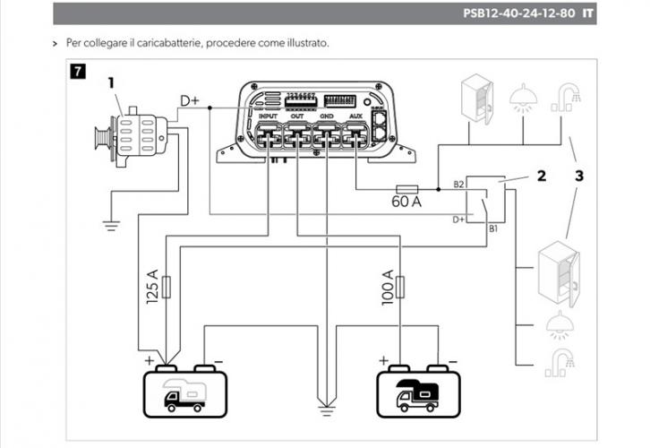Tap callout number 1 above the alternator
[x=112, y=82]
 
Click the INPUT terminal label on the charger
[x=269, y=116]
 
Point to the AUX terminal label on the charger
[x=355, y=116]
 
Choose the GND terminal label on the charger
[x=327, y=116]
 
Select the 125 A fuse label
[x=151, y=286]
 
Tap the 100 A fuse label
[x=388, y=286]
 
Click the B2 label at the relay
[x=458, y=184]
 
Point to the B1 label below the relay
[x=492, y=228]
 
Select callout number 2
[x=541, y=176]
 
